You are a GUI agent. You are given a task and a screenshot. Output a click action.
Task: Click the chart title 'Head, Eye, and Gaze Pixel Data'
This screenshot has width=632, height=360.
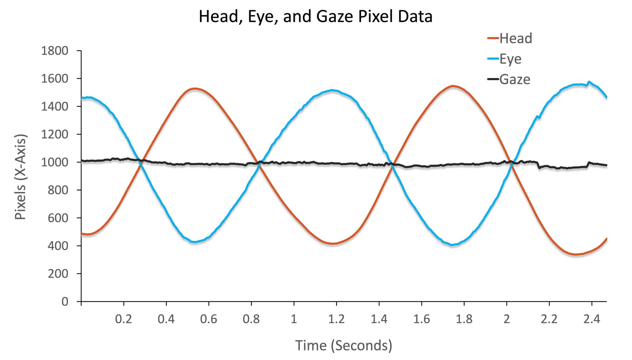pyautogui.click(x=315, y=16)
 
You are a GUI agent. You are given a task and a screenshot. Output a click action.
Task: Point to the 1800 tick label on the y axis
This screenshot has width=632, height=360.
pyautogui.click(x=55, y=51)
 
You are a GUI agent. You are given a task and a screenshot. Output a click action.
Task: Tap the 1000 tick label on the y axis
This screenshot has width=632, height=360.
pyautogui.click(x=55, y=162)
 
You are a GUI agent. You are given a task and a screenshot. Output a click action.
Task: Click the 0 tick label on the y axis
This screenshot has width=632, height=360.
pyautogui.click(x=65, y=301)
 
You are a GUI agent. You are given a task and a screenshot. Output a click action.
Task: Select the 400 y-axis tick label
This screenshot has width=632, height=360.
pyautogui.click(x=58, y=246)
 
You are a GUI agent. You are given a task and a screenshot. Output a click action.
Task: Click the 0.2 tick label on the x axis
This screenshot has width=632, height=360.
pyautogui.click(x=123, y=319)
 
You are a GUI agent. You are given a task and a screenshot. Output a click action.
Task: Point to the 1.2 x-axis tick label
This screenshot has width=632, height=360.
pyautogui.click(x=336, y=319)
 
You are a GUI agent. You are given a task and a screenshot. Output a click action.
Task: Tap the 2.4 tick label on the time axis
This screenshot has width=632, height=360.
pyautogui.click(x=592, y=319)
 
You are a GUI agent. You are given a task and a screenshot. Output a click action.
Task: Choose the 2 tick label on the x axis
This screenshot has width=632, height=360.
pyautogui.click(x=507, y=319)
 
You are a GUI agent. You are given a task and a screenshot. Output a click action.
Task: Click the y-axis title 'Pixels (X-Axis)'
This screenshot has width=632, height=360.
pyautogui.click(x=20, y=177)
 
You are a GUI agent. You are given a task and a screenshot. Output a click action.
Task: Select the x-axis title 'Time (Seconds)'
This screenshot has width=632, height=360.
pyautogui.click(x=343, y=345)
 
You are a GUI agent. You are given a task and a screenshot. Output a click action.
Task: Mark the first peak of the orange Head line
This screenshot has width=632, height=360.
pyautogui.click(x=194, y=89)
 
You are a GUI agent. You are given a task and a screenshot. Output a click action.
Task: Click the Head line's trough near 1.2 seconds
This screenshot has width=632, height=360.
pyautogui.click(x=333, y=244)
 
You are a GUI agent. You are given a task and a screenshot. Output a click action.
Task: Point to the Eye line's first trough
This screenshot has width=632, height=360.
pyautogui.click(x=194, y=242)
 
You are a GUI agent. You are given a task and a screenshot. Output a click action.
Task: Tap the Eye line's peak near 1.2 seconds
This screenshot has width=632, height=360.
pyautogui.click(x=332, y=90)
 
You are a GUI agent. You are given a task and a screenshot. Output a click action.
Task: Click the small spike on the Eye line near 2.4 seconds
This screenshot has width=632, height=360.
pyautogui.click(x=589, y=82)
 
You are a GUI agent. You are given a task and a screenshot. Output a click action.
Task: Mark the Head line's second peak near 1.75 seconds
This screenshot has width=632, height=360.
pyautogui.click(x=453, y=86)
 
